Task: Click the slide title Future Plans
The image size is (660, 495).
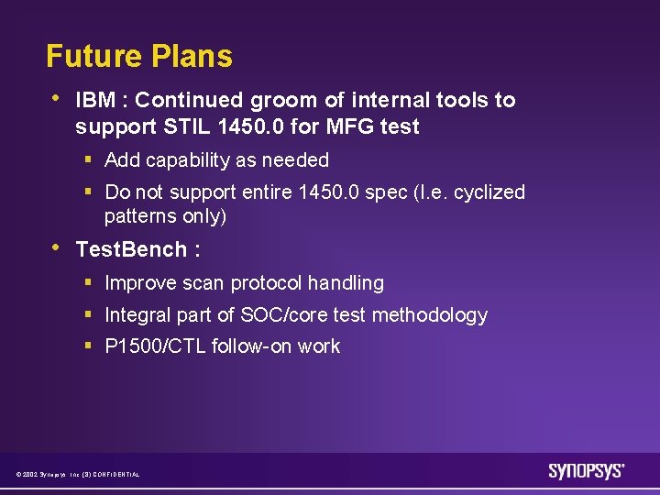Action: point(139,57)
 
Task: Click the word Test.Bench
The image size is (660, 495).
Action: point(131,250)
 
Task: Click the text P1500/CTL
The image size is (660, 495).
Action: point(155,346)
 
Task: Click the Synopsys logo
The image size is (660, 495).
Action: point(586,471)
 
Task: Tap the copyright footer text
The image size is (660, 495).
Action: point(78,474)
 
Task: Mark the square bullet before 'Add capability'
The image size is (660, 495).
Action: point(88,160)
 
